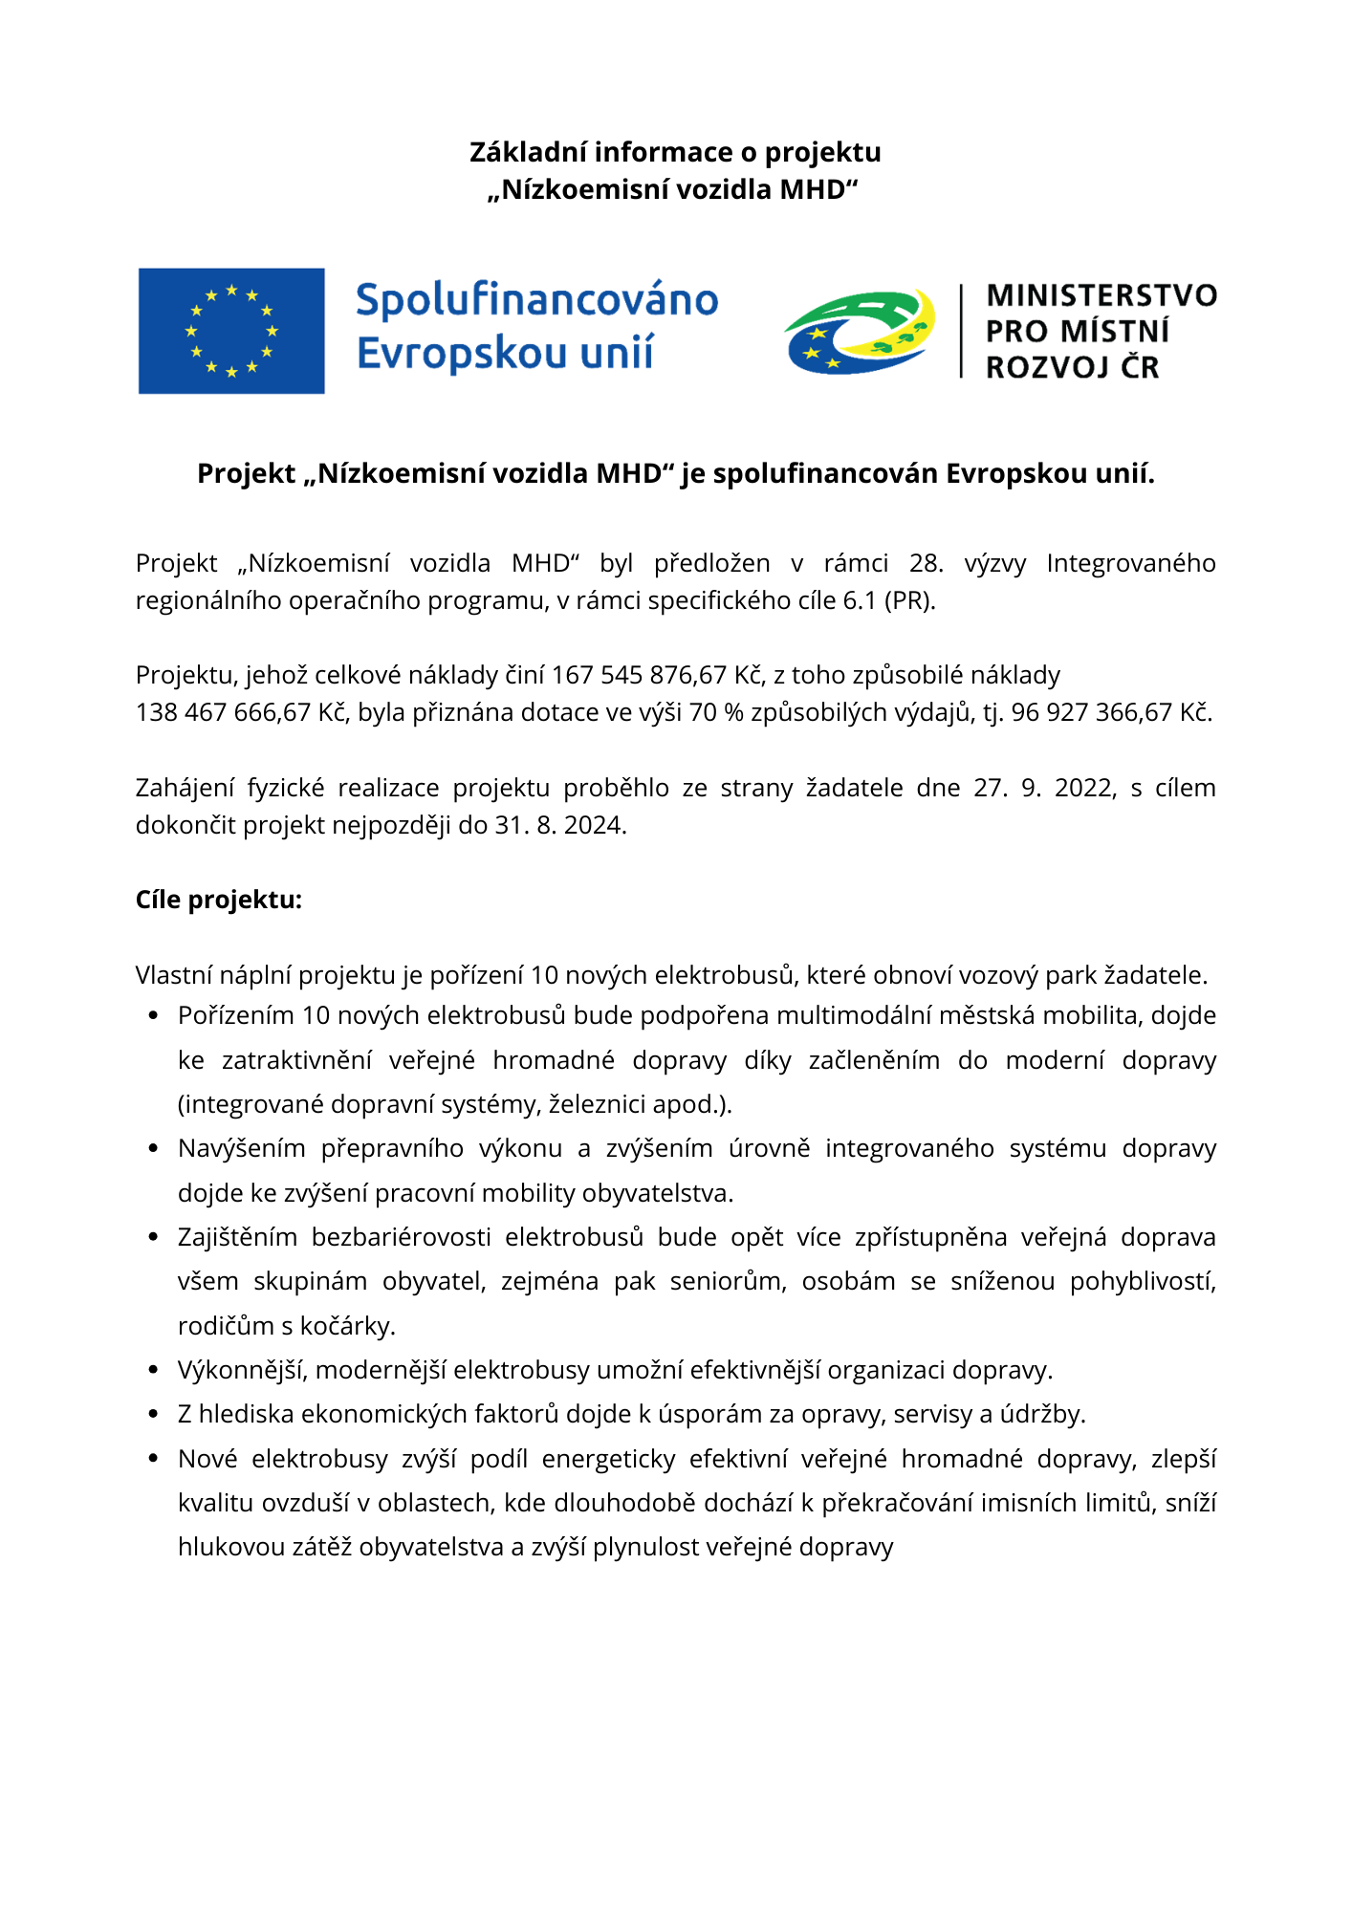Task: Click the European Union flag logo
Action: click(231, 331)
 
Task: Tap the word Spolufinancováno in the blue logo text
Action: click(536, 300)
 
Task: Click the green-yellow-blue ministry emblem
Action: click(859, 331)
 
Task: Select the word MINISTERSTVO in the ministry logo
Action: click(1101, 295)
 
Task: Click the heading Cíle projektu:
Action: click(219, 900)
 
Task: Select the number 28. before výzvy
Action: click(926, 563)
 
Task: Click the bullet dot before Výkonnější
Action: click(153, 1370)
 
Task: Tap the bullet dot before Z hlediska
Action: click(153, 1414)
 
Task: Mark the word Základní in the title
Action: click(528, 152)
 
